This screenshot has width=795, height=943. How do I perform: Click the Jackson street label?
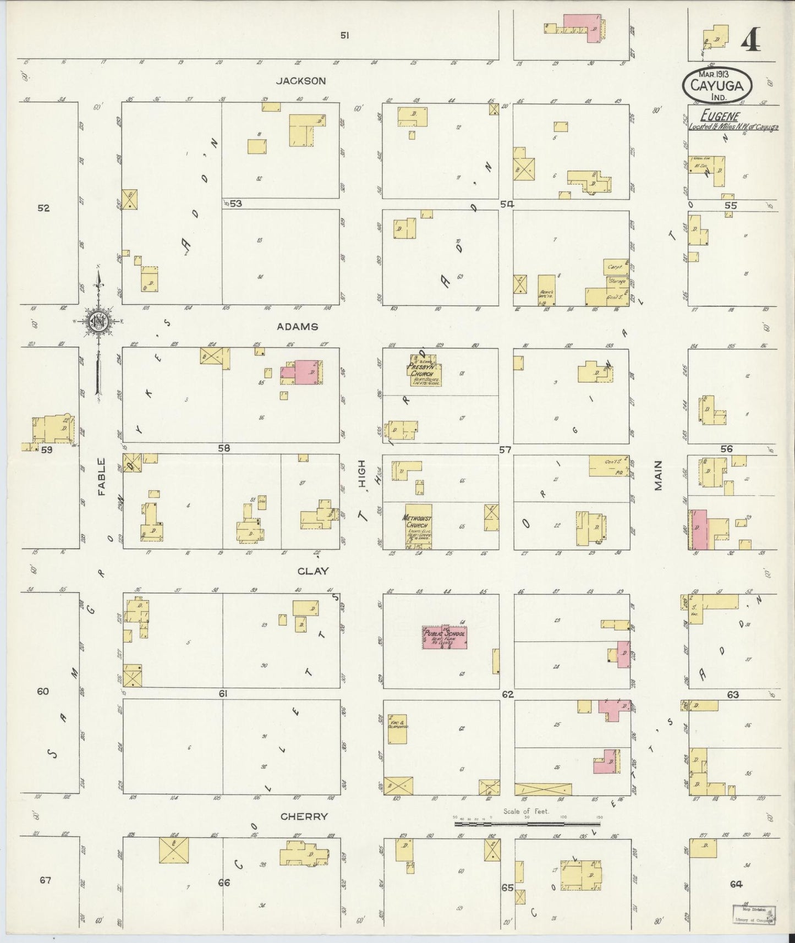[301, 81]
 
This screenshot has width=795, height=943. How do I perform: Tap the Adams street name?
[297, 326]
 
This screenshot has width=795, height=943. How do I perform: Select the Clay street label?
[312, 571]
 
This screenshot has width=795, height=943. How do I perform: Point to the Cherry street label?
[304, 816]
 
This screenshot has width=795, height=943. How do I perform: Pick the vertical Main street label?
[658, 475]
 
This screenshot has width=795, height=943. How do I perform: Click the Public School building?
[445, 637]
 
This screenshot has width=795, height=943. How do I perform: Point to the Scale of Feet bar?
[528, 824]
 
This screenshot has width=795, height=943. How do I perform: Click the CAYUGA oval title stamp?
[717, 85]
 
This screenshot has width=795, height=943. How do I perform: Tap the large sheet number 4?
[751, 39]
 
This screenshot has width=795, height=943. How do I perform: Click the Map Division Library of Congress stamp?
[753, 914]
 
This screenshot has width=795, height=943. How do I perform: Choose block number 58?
[223, 448]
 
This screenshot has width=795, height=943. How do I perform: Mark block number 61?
[223, 694]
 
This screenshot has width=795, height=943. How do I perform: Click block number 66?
[223, 883]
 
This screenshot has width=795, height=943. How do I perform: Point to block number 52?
[43, 208]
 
